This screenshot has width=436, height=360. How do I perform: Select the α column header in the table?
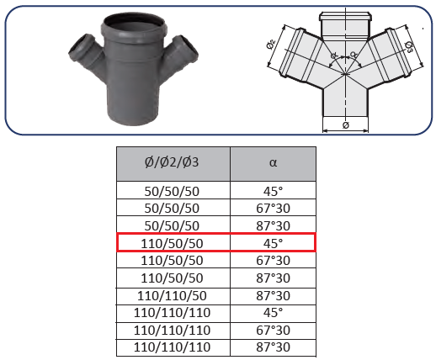273,164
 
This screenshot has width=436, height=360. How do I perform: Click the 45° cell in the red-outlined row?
273,243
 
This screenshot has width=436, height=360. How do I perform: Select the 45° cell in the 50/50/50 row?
273,191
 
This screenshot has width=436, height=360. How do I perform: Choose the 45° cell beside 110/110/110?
273,313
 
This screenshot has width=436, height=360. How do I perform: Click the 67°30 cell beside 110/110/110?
273,331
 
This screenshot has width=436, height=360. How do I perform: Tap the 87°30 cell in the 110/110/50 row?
273,296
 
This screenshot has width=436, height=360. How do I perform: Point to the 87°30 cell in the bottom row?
273,347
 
